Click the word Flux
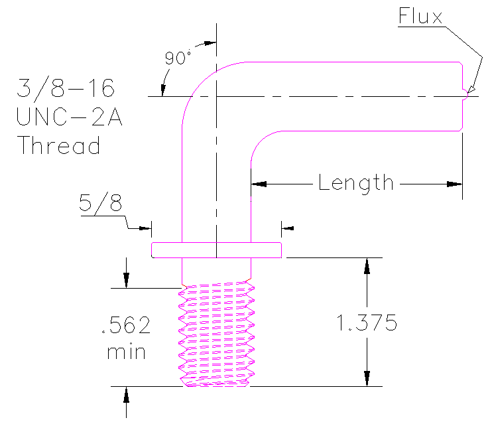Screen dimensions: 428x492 coord(420,16)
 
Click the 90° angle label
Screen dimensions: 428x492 coord(178,58)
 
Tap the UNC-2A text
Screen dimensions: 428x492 coord(69,116)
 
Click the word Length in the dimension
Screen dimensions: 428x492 coord(356,182)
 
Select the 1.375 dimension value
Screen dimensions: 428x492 coord(367,323)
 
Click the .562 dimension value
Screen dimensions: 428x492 coord(126,326)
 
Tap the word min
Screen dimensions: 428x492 coord(126,352)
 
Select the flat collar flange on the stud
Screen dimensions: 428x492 coord(217,250)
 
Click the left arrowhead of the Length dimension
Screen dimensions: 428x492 coord(259,183)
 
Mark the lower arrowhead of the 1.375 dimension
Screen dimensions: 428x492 coord(366,379)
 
